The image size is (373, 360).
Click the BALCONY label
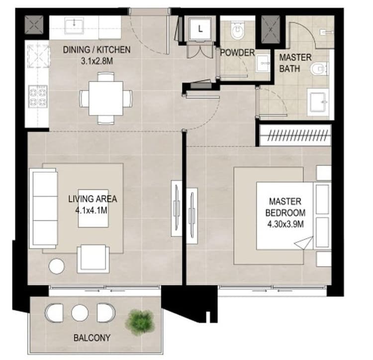(x=92, y=338)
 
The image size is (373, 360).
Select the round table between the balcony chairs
(x=80, y=313)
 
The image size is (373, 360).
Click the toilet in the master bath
(x=319, y=68)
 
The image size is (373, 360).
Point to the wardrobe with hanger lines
(x=295, y=135)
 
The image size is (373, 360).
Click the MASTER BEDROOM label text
(x=285, y=207)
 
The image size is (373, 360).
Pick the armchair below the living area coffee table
(x=93, y=258)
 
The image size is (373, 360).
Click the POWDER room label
(x=237, y=53)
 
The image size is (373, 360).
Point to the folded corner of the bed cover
(x=303, y=242)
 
